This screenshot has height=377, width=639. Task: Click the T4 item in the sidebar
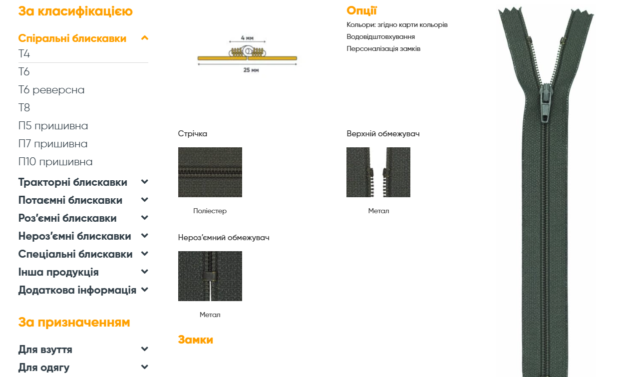(24, 53)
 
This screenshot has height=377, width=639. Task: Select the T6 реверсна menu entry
(51, 90)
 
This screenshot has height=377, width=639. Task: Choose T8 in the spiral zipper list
(24, 108)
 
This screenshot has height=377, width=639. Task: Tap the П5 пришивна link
(53, 126)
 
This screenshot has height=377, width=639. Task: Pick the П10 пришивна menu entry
(55, 162)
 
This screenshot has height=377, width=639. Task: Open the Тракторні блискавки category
(73, 182)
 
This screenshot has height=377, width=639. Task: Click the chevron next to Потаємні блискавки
(145, 200)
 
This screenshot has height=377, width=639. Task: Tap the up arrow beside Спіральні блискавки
(145, 38)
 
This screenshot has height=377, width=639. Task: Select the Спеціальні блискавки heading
(75, 254)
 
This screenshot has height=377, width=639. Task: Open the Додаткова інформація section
(77, 290)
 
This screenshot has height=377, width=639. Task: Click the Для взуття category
(45, 350)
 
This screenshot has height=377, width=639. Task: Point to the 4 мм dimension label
(247, 38)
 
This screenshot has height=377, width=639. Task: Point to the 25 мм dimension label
(251, 70)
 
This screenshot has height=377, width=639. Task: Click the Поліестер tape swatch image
(210, 172)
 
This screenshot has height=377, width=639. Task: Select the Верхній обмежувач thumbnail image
(378, 172)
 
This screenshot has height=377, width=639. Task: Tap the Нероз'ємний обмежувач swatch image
(210, 276)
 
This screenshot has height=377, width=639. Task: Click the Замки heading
(195, 340)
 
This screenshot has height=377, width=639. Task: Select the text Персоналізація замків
(383, 49)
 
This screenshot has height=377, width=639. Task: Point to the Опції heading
(362, 10)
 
